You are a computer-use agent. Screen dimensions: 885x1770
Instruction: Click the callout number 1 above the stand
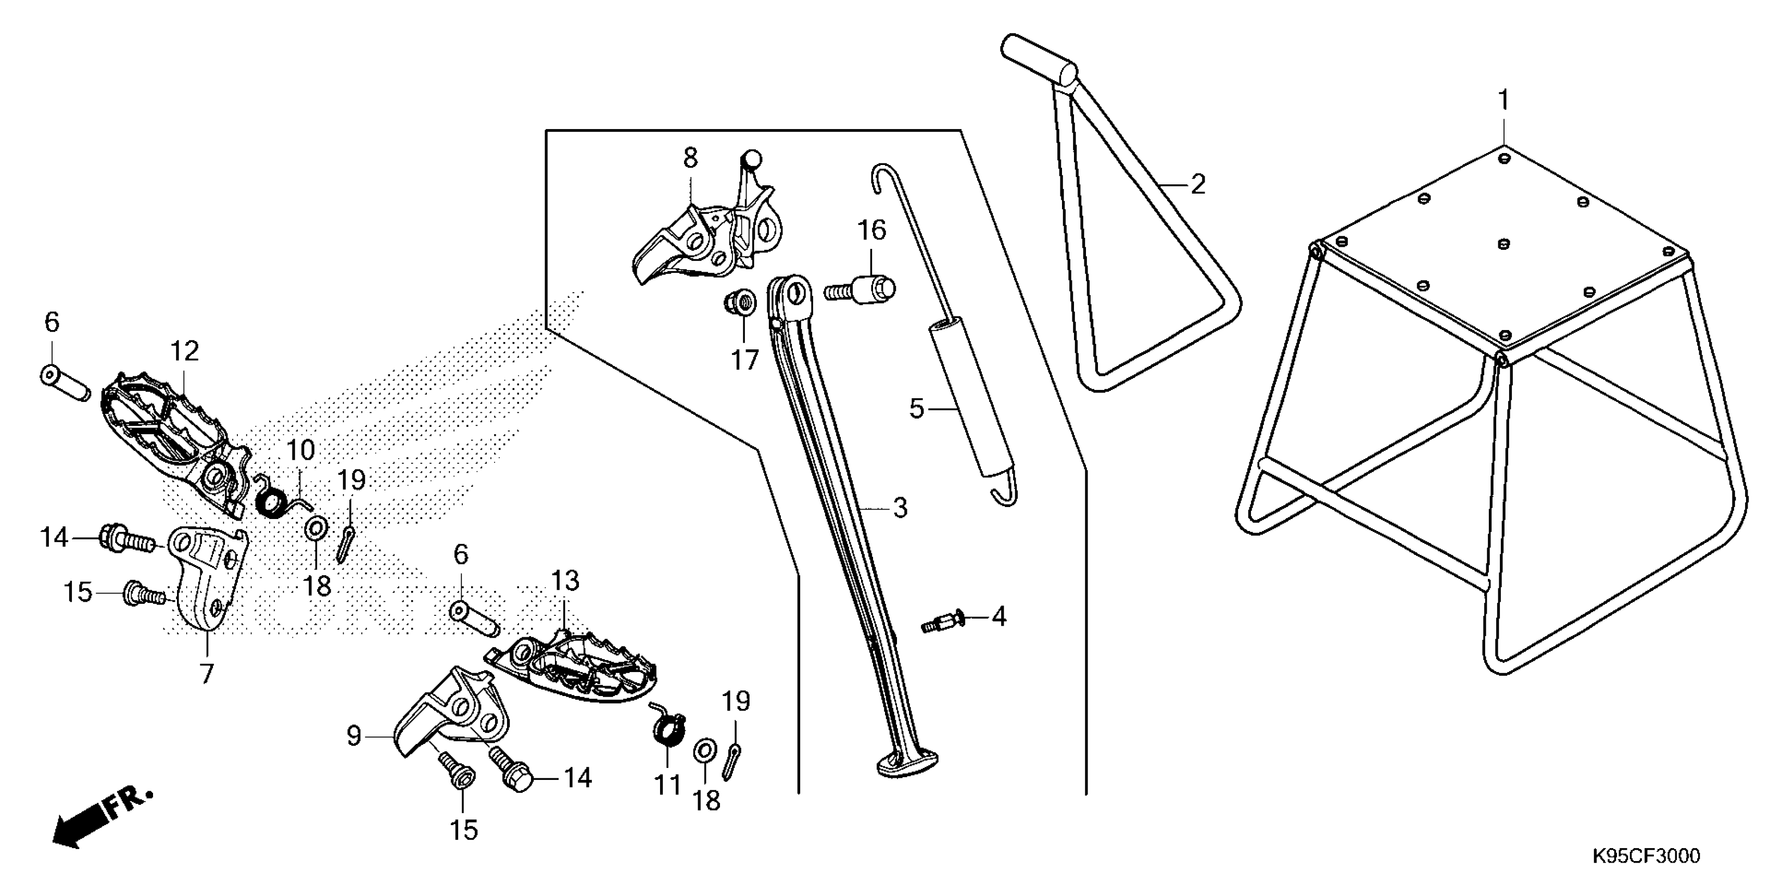point(1503,101)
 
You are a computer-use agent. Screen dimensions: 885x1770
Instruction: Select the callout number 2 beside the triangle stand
point(1198,184)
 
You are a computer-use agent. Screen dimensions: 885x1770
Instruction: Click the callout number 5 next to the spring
point(917,409)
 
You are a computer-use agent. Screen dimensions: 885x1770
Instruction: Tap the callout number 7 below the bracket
point(207,673)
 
